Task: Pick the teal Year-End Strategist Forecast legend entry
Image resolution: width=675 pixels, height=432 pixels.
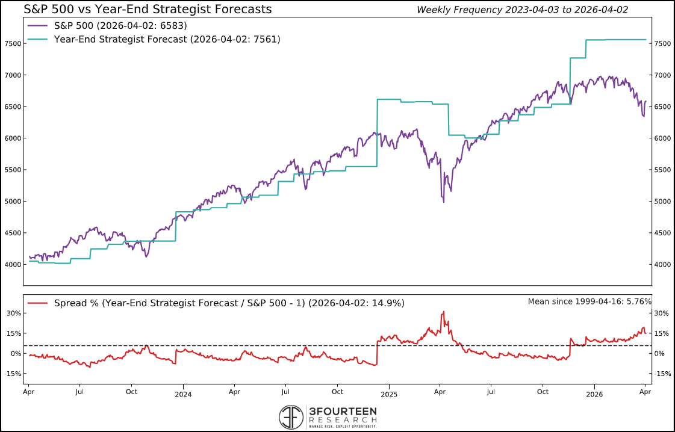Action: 154,39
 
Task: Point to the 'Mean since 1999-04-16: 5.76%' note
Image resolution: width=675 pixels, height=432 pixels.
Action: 589,301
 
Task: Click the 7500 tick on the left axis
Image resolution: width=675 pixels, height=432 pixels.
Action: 14,44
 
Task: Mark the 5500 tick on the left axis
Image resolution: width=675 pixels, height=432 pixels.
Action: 14,170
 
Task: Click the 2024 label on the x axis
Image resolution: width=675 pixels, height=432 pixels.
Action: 183,395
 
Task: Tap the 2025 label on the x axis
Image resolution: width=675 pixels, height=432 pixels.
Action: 388,395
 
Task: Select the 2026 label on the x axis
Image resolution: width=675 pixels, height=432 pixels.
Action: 594,395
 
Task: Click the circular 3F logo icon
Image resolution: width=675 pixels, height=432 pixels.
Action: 291,417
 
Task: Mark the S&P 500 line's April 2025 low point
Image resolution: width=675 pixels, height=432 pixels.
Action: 444,202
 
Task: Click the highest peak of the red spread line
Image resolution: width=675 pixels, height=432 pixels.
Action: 444,312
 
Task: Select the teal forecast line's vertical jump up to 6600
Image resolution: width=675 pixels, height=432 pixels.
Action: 377,132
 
